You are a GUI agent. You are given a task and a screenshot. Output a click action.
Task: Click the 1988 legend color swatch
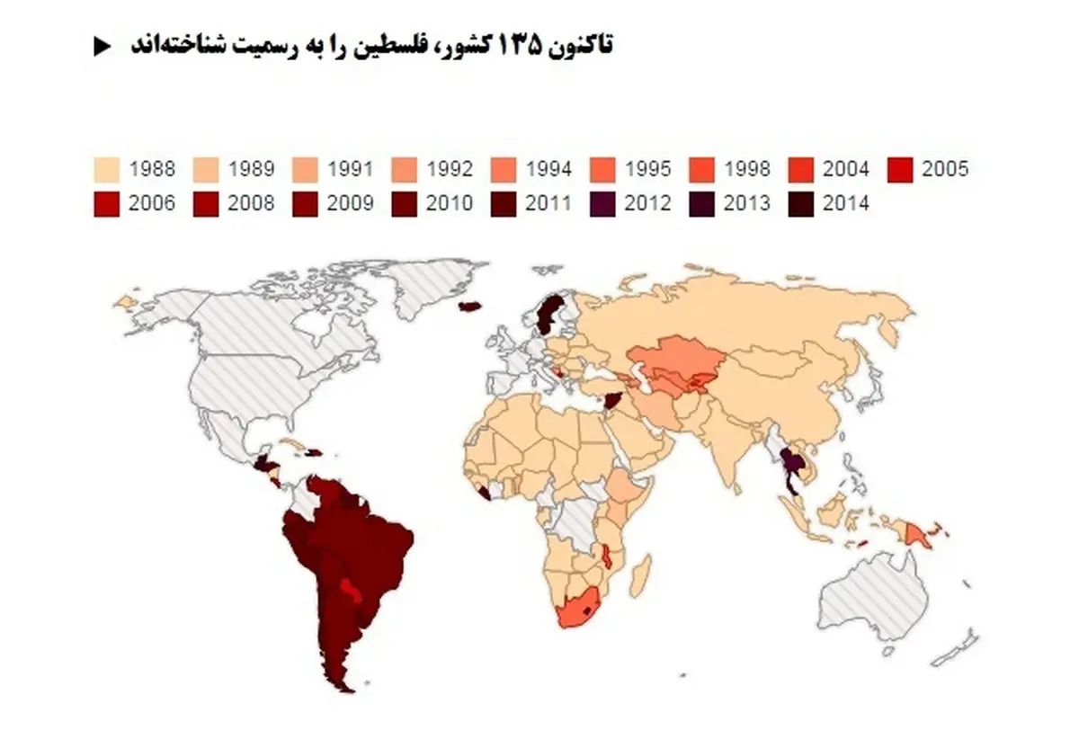[106, 168]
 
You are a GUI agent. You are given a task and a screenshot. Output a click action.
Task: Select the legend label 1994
[548, 168]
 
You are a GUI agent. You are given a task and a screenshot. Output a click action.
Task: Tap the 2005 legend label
[944, 168]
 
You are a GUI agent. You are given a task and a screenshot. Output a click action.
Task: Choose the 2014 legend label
[845, 203]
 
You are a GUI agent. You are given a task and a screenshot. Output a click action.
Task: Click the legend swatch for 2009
[305, 203]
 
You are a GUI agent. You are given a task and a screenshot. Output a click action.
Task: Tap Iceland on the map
[468, 307]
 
